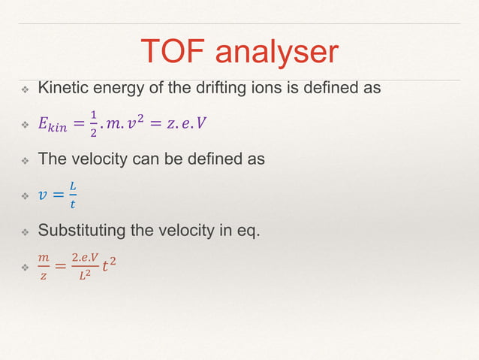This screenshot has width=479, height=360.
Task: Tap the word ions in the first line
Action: tap(276, 89)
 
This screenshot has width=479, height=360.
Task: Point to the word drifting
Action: tap(232, 89)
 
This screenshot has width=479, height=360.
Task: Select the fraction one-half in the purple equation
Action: tap(94, 124)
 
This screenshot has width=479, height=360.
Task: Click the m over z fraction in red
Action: tap(43, 266)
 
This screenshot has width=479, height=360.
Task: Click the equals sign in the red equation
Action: tap(60, 266)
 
